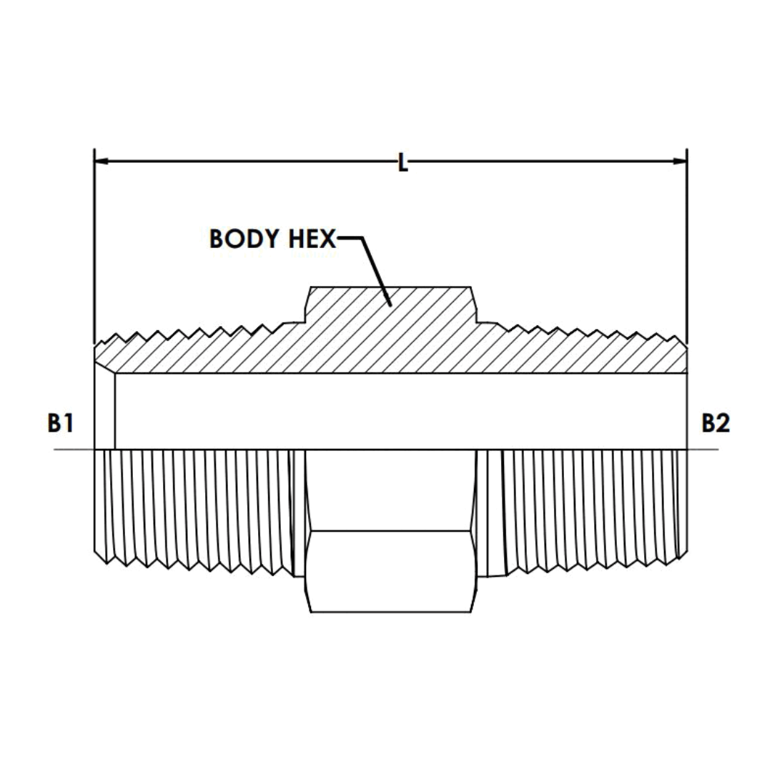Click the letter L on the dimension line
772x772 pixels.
[403, 164]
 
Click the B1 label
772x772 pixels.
[61, 424]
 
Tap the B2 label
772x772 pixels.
[715, 424]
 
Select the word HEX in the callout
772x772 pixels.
[312, 239]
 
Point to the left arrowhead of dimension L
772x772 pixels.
[101, 161]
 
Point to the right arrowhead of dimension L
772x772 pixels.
[681, 161]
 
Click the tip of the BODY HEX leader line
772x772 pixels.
[390, 306]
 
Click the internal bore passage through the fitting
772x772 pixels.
[400, 411]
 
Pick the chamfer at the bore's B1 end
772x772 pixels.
[105, 411]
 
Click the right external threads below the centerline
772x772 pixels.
[586, 508]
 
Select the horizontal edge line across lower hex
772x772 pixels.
[390, 530]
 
